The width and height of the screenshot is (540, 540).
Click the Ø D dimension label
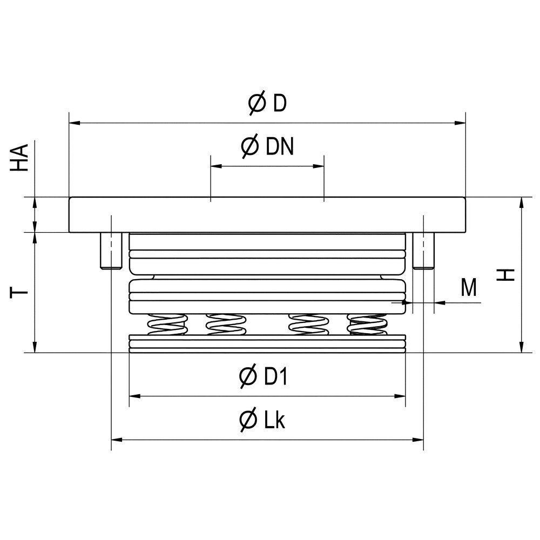pyautogui.click(x=267, y=103)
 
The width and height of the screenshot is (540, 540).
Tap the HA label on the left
pyautogui.click(x=19, y=158)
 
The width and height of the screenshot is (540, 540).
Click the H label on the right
pyautogui.click(x=505, y=274)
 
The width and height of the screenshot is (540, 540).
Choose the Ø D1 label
pyautogui.click(x=263, y=376)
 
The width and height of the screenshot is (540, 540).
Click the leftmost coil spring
pyautogui.click(x=167, y=325)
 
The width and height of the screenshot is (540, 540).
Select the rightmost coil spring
pyautogui.click(x=367, y=325)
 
